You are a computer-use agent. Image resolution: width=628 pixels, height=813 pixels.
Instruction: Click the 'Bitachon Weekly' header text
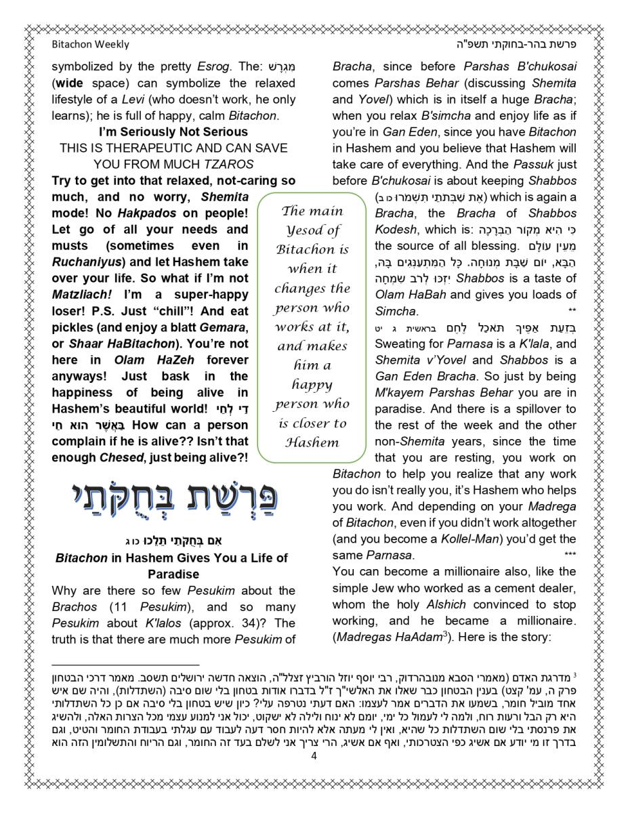[90, 45]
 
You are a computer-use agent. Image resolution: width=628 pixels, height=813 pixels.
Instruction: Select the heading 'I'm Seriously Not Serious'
[173, 131]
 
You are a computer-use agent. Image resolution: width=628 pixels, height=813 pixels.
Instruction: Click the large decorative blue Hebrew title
[173, 497]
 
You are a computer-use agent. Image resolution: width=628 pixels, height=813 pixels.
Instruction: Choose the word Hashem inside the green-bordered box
[312, 442]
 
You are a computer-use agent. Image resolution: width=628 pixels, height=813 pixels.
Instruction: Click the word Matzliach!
[80, 295]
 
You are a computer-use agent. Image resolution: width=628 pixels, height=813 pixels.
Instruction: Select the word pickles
[72, 327]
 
